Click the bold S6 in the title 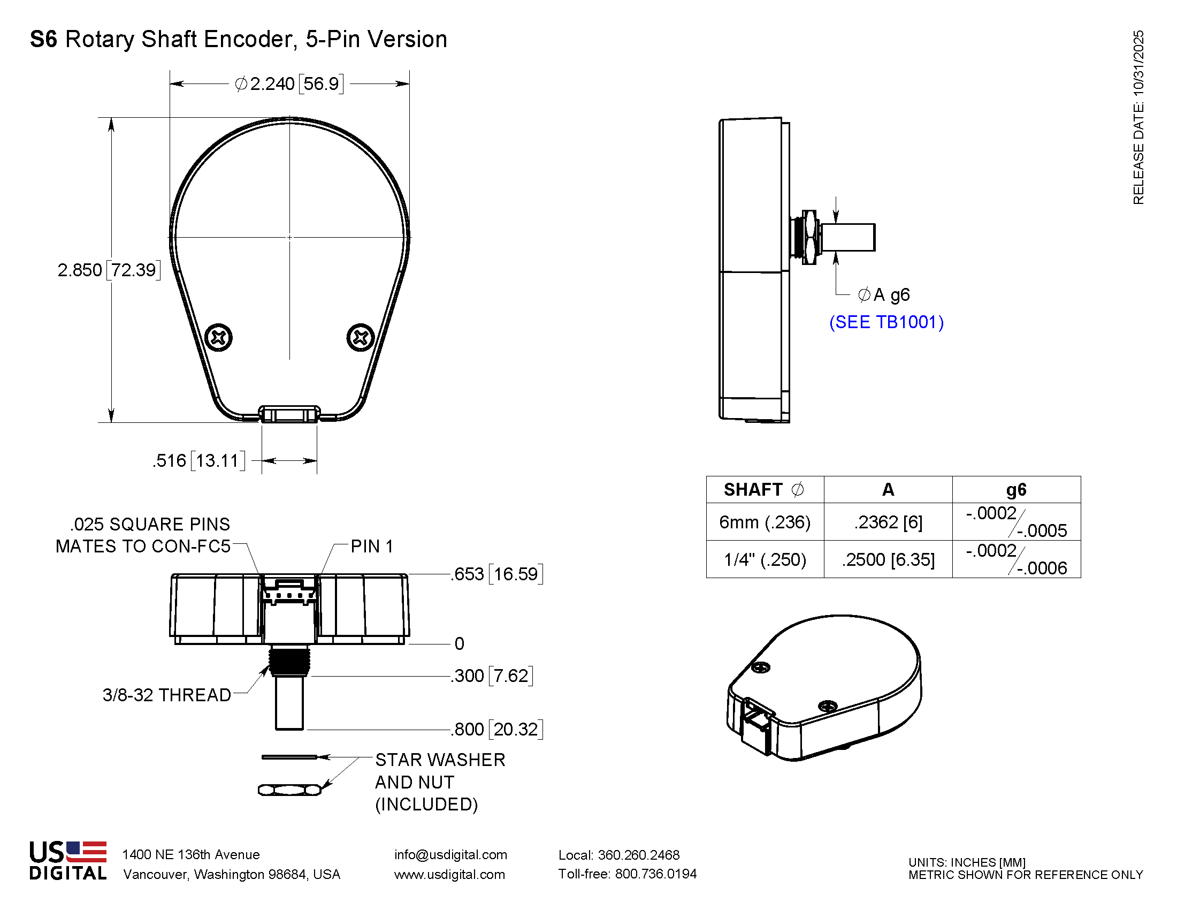(43, 40)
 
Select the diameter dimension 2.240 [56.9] (289, 84)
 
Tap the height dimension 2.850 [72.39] (109, 270)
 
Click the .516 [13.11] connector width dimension (198, 461)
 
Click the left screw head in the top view (219, 338)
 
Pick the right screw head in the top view (361, 338)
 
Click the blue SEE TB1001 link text (886, 322)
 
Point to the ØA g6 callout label (883, 295)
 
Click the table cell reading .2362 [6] (888, 522)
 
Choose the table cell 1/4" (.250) (764, 559)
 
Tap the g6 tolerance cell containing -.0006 (1016, 559)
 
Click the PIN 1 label (371, 547)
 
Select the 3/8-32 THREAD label (166, 695)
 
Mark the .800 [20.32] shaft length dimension (497, 730)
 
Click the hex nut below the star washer (289, 790)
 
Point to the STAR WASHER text (440, 760)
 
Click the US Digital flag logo (86, 852)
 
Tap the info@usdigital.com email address (450, 854)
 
